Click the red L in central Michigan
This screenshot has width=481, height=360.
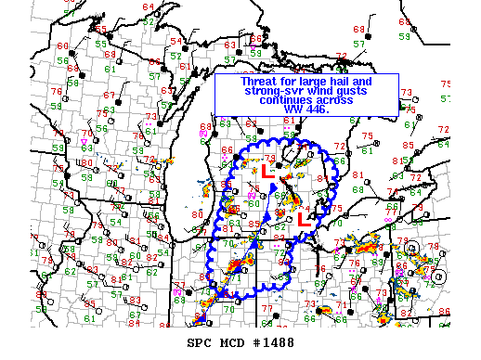(x=266, y=171)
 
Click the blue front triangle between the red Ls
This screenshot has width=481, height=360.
(x=275, y=189)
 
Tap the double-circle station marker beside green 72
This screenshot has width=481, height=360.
(x=413, y=249)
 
